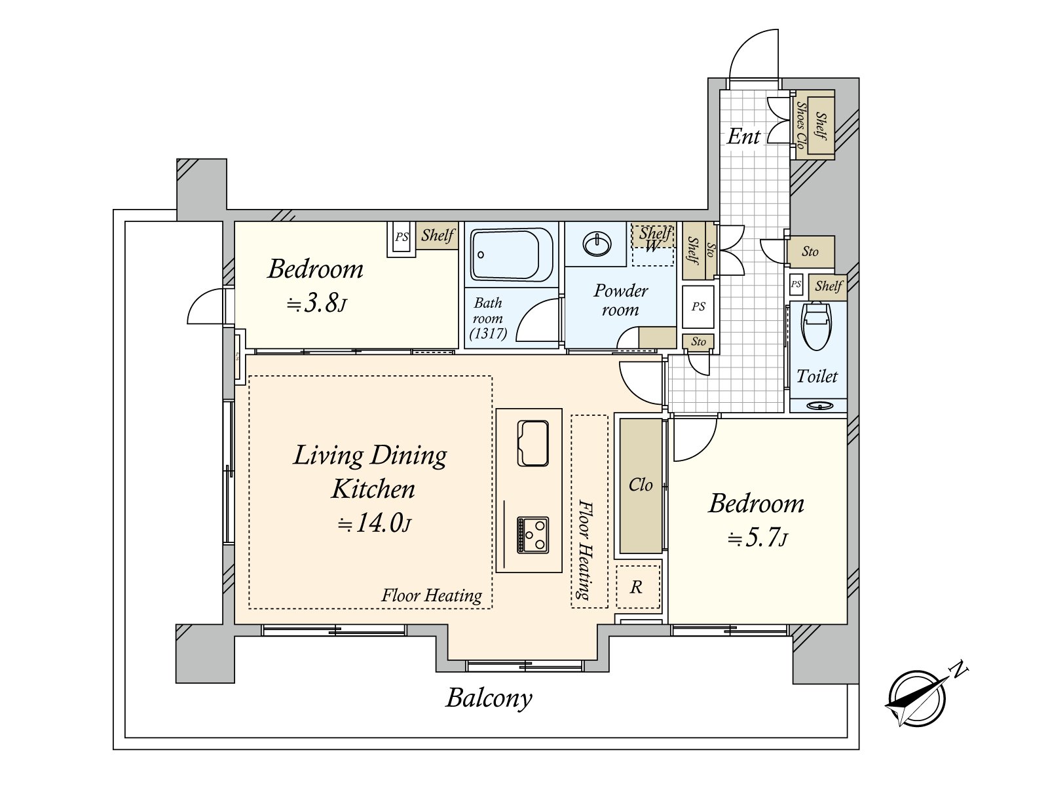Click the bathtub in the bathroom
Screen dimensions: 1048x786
pyautogui.click(x=512, y=254)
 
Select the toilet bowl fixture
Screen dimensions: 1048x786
pyautogui.click(x=817, y=326)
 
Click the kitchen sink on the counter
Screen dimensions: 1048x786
pyautogui.click(x=533, y=443)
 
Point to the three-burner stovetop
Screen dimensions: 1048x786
pyautogui.click(x=533, y=535)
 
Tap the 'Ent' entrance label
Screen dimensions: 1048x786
pyautogui.click(x=743, y=136)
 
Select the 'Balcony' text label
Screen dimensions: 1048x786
pyautogui.click(x=489, y=699)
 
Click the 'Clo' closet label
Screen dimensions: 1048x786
pyautogui.click(x=640, y=485)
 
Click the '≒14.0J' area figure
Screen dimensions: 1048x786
pyautogui.click(x=374, y=523)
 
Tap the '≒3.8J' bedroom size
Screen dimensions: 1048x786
pyautogui.click(x=316, y=303)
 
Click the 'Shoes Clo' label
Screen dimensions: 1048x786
pyautogui.click(x=801, y=125)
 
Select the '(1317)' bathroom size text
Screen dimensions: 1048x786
pyautogui.click(x=488, y=333)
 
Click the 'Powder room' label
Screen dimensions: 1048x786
pyautogui.click(x=621, y=300)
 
